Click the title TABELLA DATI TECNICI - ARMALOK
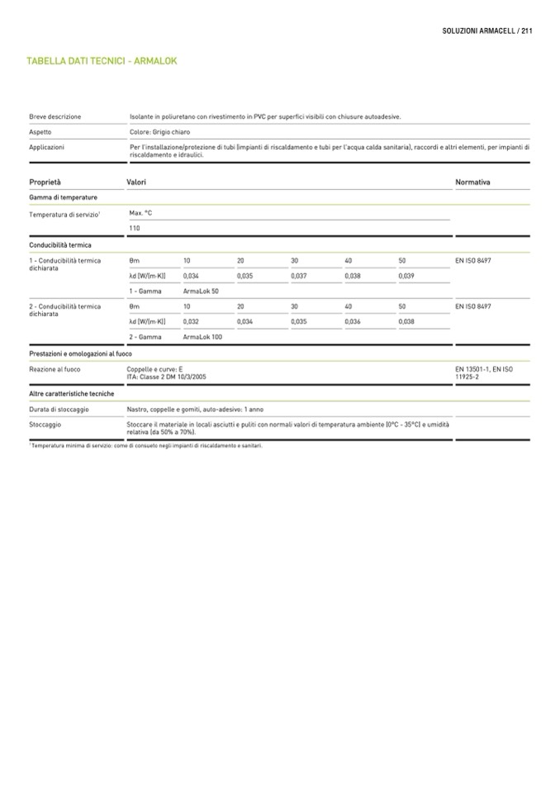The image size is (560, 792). coord(102,61)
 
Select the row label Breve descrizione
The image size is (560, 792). coord(55,117)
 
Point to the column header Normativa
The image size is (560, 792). coord(472,182)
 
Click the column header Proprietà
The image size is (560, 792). coord(45,182)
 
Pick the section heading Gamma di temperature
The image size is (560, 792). coord(63,198)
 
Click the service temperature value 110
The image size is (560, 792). coord(135,228)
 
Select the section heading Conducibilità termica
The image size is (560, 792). coord(60,245)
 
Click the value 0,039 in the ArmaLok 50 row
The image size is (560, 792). coord(406,276)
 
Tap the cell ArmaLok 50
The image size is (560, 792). coord(201,291)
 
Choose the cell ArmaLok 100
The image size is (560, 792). coord(202,337)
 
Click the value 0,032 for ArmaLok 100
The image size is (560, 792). coord(191,321)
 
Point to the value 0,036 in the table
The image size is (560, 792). coord(353,321)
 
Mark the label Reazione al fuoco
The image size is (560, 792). coord(55,369)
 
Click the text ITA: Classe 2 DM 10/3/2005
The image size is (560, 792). coord(166,377)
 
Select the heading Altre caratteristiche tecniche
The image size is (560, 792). coord(71,394)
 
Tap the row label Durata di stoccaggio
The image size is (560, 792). coord(59,410)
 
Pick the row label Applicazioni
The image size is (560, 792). coord(47,147)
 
